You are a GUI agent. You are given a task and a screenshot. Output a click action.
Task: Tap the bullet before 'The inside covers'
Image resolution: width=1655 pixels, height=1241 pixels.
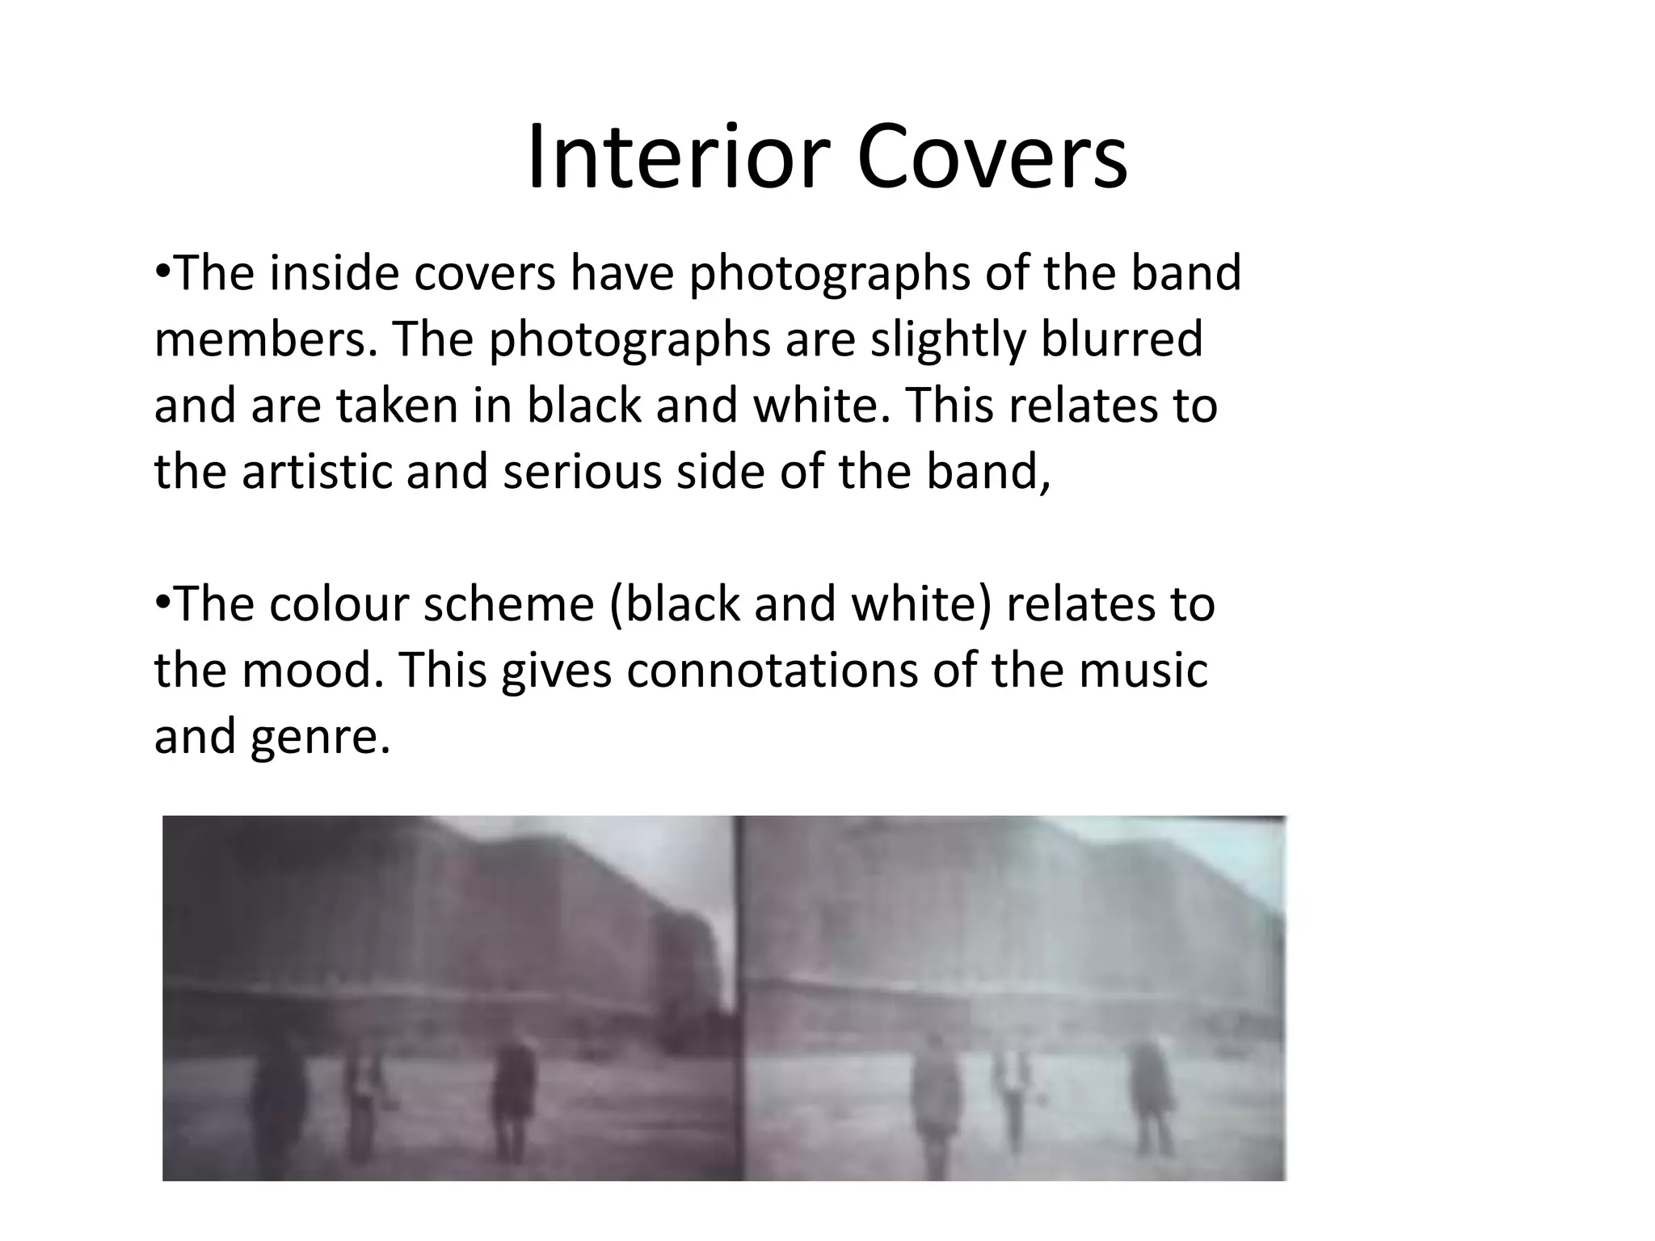(162, 269)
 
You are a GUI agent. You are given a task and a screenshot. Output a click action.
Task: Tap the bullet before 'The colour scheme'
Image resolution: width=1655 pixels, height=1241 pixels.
(162, 600)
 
